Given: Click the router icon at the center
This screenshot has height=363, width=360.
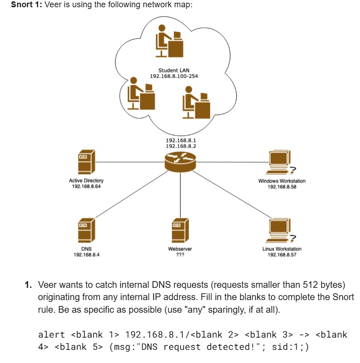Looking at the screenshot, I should click(x=180, y=161).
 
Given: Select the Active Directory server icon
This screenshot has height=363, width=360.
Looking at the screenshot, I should click(x=86, y=162).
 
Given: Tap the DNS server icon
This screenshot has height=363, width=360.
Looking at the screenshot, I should click(x=86, y=230).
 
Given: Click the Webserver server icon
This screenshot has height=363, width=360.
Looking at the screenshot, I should click(x=180, y=230).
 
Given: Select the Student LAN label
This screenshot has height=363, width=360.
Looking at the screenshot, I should click(x=174, y=70).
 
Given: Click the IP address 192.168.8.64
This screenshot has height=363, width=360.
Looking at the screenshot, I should click(x=86, y=186).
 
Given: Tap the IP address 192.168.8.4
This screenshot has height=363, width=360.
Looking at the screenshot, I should click(x=86, y=255).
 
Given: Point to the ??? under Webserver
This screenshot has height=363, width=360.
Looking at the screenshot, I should click(x=180, y=255).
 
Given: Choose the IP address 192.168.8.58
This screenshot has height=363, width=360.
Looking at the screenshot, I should click(x=282, y=186).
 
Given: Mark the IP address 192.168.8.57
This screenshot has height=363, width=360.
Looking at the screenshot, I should click(x=282, y=255).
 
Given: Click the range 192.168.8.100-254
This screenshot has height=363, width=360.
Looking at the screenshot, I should click(x=174, y=76).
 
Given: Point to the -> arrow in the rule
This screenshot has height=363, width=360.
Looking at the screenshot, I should click(x=305, y=335).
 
